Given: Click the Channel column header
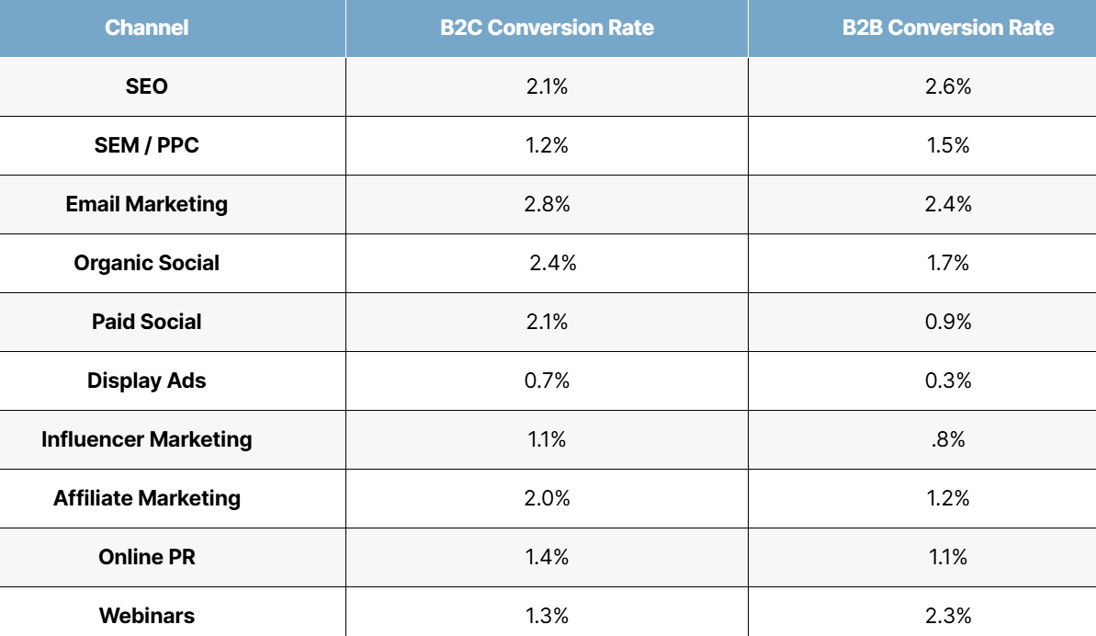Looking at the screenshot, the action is click(147, 28).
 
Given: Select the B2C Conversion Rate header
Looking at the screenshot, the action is click(547, 28).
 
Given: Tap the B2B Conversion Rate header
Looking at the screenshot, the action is click(948, 28).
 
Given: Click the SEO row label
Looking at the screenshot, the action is click(147, 86).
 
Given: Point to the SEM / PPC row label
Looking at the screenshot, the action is click(147, 144).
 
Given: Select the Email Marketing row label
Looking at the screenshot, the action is click(147, 204).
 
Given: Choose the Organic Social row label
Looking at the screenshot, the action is click(147, 263).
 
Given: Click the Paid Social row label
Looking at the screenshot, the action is click(147, 322).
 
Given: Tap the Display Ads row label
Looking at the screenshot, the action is click(147, 380).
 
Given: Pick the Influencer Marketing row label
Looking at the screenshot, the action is click(147, 439).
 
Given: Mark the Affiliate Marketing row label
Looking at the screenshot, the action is click(147, 497).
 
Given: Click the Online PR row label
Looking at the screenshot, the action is click(147, 556).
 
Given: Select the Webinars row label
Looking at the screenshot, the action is click(147, 616).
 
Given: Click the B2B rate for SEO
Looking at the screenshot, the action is click(948, 86).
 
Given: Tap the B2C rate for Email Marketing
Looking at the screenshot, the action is click(547, 204).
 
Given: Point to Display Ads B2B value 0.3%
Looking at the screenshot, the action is click(948, 380).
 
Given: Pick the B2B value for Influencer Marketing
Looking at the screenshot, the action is click(948, 439).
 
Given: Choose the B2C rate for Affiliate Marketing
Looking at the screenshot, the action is click(547, 497).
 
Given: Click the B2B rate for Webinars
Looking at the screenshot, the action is click(948, 616).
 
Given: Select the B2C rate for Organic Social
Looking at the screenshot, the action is click(553, 263).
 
